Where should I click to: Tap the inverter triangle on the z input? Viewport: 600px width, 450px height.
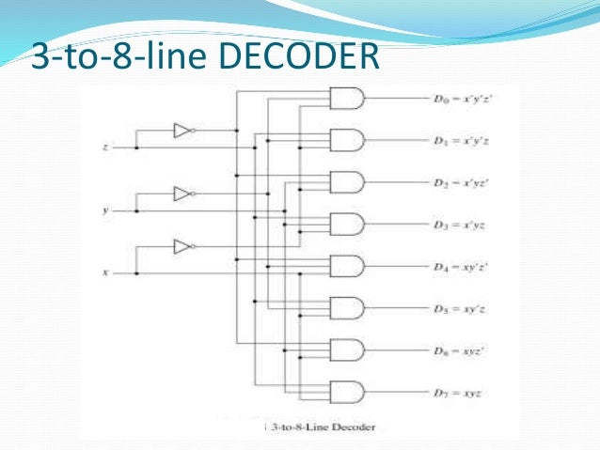coord(182,131)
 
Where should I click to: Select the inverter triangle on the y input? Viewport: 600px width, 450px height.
coord(182,194)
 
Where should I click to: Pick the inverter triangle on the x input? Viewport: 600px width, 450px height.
coord(182,247)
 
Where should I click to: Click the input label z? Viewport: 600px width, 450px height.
coord(104,147)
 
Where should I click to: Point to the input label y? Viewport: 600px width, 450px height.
coord(104,210)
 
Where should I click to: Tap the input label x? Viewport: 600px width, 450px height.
coord(104,272)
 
